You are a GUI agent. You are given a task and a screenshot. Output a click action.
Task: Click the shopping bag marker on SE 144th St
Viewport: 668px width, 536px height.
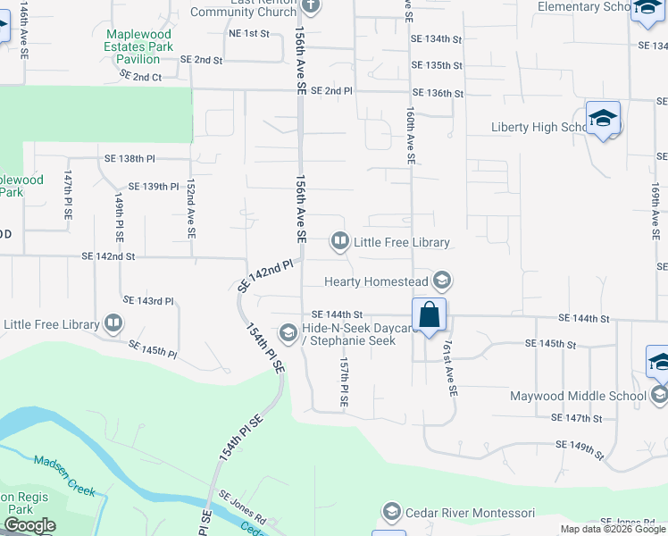(x=430, y=314)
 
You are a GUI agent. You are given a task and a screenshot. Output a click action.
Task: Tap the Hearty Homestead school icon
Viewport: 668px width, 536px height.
(x=441, y=282)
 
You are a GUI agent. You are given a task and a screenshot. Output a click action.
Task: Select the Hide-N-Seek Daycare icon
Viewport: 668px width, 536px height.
(x=288, y=333)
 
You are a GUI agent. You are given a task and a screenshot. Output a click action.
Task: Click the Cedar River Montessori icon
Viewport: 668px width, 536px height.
(x=391, y=513)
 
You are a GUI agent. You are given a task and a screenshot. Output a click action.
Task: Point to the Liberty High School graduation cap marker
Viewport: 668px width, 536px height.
(x=604, y=119)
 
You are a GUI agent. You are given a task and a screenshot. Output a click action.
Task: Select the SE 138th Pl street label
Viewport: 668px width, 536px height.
(x=129, y=158)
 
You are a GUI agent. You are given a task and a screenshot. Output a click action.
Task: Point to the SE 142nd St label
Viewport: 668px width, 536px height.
(x=108, y=256)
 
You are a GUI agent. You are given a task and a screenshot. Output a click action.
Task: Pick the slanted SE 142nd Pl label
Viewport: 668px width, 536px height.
(x=266, y=276)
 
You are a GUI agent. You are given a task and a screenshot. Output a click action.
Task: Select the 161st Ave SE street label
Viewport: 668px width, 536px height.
(x=450, y=369)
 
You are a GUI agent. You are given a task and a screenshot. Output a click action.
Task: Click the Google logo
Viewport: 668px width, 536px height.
(x=29, y=525)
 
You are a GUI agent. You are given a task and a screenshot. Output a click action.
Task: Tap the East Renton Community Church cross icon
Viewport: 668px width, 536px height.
(x=310, y=6)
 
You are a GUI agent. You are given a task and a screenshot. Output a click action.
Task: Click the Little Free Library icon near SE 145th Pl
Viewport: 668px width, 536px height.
(x=113, y=322)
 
